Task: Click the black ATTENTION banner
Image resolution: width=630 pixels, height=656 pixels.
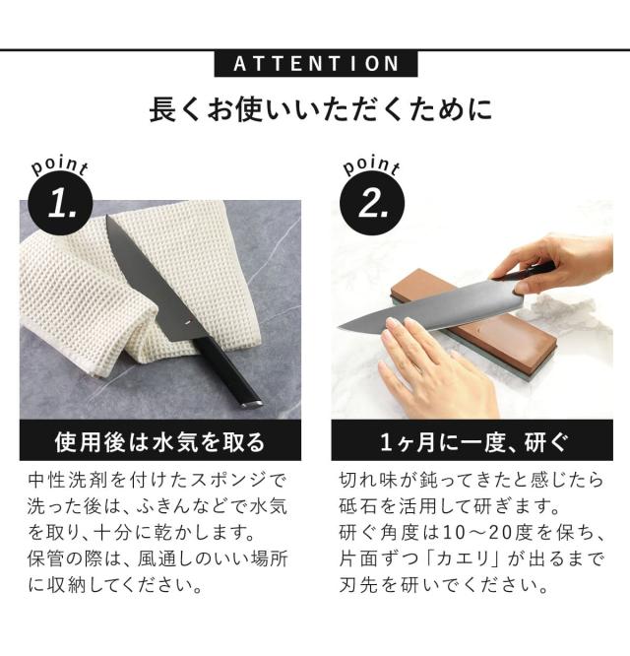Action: tap(316, 64)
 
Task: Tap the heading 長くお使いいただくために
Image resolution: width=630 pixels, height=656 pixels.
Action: tap(321, 109)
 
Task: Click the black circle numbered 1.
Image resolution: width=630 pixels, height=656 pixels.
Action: tap(61, 203)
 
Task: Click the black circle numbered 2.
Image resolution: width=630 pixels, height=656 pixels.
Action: tap(372, 203)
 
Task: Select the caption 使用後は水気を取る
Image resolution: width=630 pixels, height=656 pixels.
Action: tap(160, 442)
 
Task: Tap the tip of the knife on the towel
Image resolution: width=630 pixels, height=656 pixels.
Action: tap(107, 217)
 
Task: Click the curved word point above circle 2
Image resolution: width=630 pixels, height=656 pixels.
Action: tap(371, 166)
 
